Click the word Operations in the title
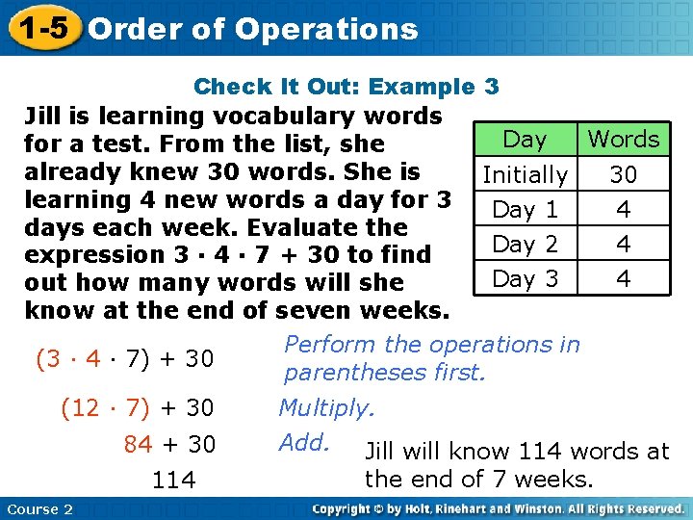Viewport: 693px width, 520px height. point(325,29)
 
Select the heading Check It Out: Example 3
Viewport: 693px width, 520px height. point(346,87)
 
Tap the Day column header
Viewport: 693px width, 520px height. point(525,140)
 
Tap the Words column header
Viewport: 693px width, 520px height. point(624,140)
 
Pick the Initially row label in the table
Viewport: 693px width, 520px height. point(525,175)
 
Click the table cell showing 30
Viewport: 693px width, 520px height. point(624,175)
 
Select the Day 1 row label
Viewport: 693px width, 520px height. point(525,210)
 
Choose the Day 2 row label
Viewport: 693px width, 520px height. point(525,245)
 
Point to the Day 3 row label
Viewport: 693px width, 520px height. point(525,279)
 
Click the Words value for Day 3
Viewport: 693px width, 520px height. point(624,279)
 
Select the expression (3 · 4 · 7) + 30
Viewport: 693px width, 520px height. point(124,359)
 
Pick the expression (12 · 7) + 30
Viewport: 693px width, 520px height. point(137,408)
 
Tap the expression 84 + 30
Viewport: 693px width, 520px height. point(169,444)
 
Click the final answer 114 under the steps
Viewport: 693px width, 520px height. point(173,480)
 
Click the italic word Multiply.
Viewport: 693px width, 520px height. point(326,408)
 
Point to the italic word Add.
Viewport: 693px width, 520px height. point(304,443)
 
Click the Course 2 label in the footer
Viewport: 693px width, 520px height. point(38,509)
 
